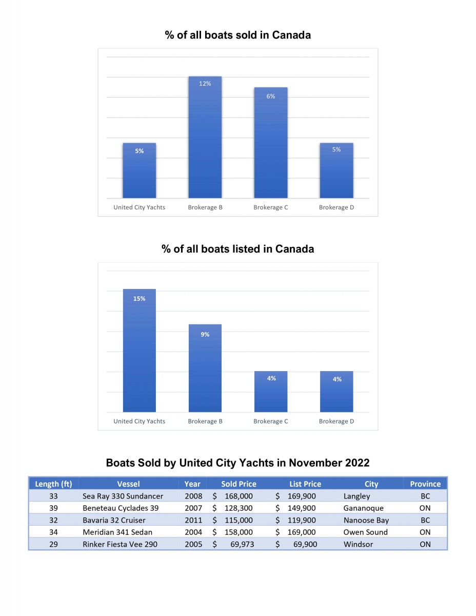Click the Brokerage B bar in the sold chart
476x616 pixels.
click(205, 137)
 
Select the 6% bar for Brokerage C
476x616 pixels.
click(271, 143)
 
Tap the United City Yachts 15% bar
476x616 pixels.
click(140, 351)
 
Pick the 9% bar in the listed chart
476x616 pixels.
click(205, 368)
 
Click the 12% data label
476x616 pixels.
click(205, 84)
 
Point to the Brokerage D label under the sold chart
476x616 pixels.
click(336, 207)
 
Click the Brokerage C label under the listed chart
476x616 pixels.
click(271, 421)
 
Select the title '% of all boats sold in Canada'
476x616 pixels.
click(238, 35)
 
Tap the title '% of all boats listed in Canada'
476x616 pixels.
click(238, 249)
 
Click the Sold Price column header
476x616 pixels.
click(239, 484)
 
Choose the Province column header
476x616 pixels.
click(425, 484)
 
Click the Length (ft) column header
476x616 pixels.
click(53, 484)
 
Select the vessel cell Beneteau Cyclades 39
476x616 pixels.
click(121, 508)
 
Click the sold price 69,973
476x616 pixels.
click(242, 544)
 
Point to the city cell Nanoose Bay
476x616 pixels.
click(366, 521)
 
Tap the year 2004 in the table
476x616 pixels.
click(193, 532)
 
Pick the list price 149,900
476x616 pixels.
click(302, 508)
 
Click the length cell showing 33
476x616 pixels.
click(53, 496)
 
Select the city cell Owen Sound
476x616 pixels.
click(366, 532)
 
